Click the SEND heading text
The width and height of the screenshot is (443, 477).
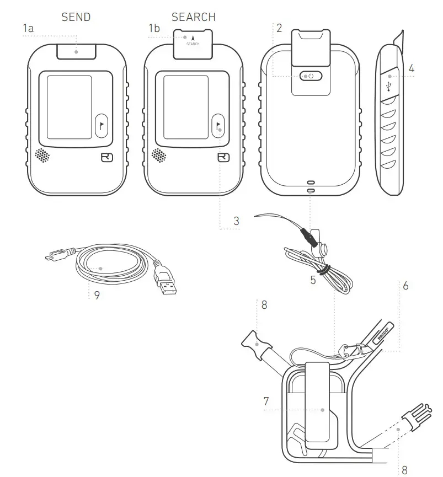tap(76, 17)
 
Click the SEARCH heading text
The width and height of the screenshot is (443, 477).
tap(193, 17)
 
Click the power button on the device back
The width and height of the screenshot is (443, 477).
tap(310, 76)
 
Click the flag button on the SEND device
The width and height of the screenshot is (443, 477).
tap(102, 125)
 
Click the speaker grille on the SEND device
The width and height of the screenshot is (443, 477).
tap(42, 156)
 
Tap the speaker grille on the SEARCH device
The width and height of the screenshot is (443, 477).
tap(159, 156)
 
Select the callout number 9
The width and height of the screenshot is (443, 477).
tap(97, 295)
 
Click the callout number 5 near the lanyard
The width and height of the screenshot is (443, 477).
tap(313, 280)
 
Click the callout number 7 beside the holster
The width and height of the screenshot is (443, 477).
tap(266, 401)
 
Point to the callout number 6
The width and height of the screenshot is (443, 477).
tap(405, 286)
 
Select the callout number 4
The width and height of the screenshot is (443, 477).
tap(412, 69)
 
